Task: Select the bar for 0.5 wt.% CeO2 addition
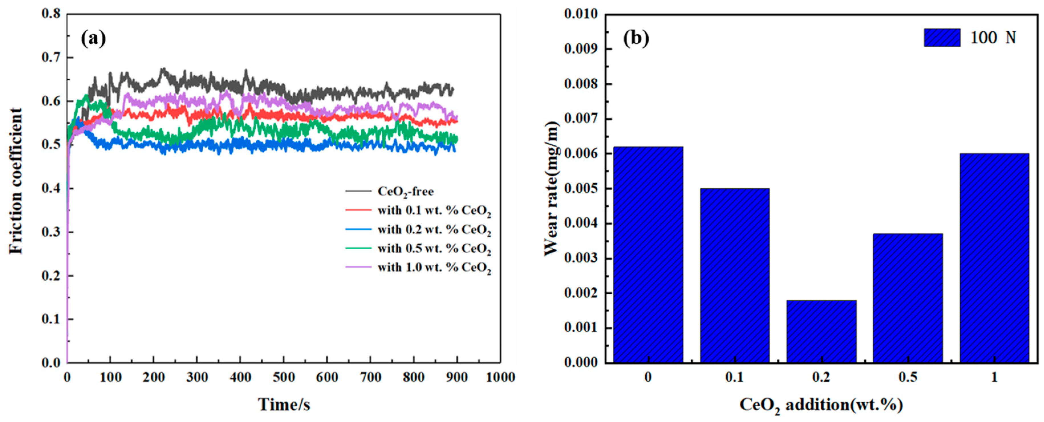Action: (x=908, y=298)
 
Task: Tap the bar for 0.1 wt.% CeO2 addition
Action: (x=735, y=275)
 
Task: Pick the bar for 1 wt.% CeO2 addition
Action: (x=994, y=258)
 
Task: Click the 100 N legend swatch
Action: (x=942, y=38)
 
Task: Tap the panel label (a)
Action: (x=94, y=38)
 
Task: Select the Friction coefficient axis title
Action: (x=16, y=181)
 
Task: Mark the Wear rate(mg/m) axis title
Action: (x=551, y=188)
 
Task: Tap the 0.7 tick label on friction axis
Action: (x=51, y=58)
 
